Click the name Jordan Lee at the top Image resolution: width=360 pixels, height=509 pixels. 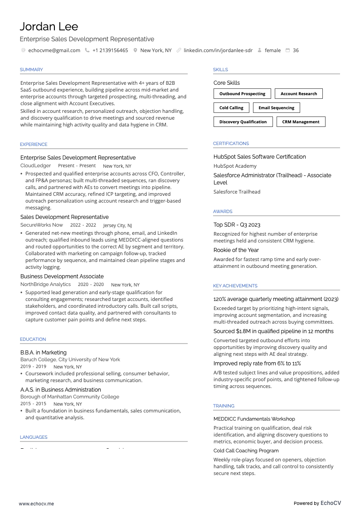coord(49,26)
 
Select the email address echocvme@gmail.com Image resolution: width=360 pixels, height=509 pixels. coord(54,50)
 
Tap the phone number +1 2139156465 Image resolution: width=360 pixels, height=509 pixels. coord(110,50)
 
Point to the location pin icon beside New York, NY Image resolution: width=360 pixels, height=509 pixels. coord(135,50)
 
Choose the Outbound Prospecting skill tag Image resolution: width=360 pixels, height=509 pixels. coord(242,94)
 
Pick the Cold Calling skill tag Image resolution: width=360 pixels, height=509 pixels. coord(231,108)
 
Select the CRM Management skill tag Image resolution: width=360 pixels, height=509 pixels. coord(301,122)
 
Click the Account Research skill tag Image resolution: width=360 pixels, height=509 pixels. coord(299,94)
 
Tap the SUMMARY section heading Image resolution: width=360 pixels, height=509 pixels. coord(31,70)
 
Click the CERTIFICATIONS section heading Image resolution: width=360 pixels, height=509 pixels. coord(231,144)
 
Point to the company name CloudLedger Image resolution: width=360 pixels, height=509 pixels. coord(35,166)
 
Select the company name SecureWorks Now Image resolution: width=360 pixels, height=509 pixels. coord(42,225)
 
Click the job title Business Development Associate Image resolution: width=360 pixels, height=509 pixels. coord(62,276)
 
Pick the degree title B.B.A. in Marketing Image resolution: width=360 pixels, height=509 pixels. coord(44,353)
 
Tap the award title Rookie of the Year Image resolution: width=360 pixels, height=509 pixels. coord(236,250)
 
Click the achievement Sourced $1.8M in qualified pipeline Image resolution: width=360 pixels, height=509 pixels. coord(273,331)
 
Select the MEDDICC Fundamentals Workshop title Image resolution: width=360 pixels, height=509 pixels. coord(254,419)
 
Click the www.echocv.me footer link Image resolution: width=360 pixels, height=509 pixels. coord(36,503)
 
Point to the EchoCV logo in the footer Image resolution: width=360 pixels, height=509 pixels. coord(331,503)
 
